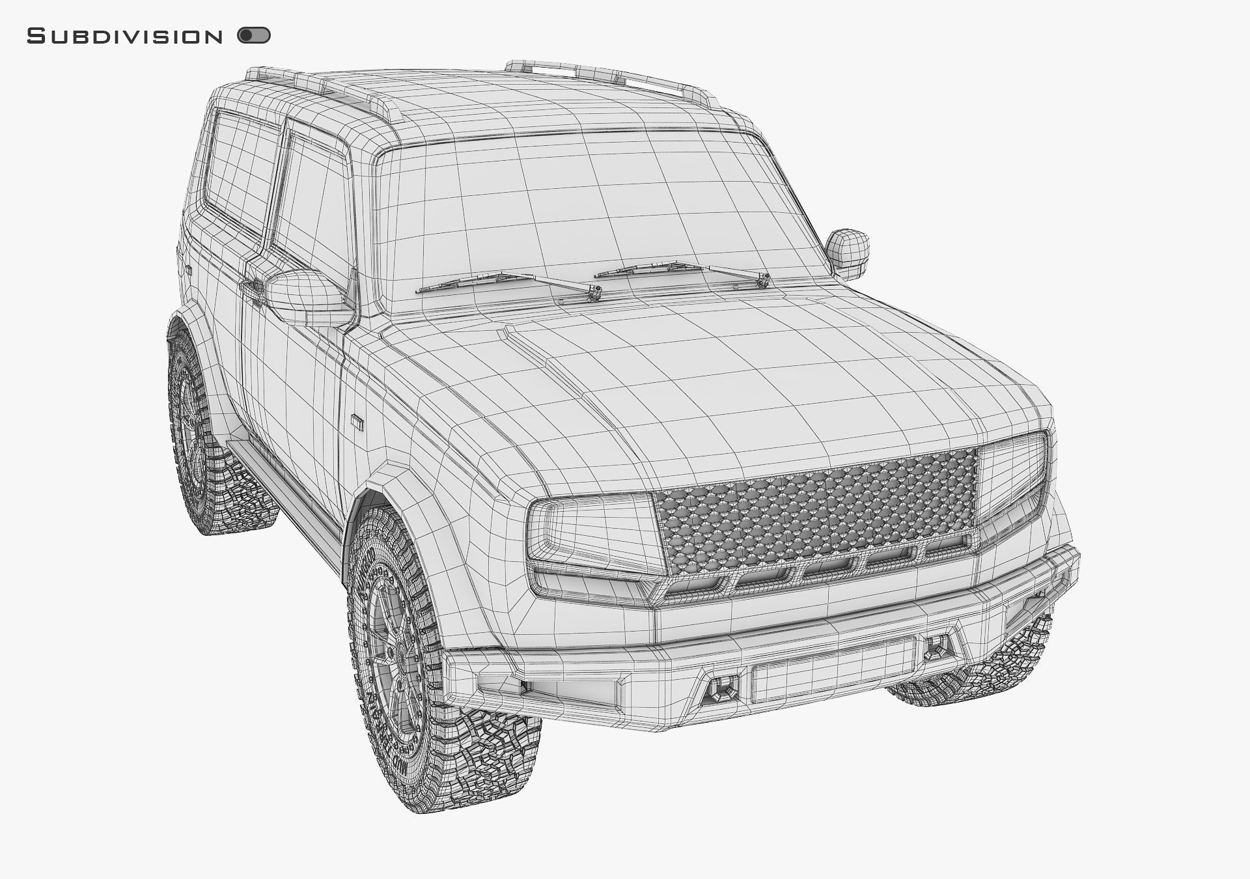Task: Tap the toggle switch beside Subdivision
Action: pyautogui.click(x=254, y=35)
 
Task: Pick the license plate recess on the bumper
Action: pyautogui.click(x=833, y=671)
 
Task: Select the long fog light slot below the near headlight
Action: pyautogui.click(x=566, y=693)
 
